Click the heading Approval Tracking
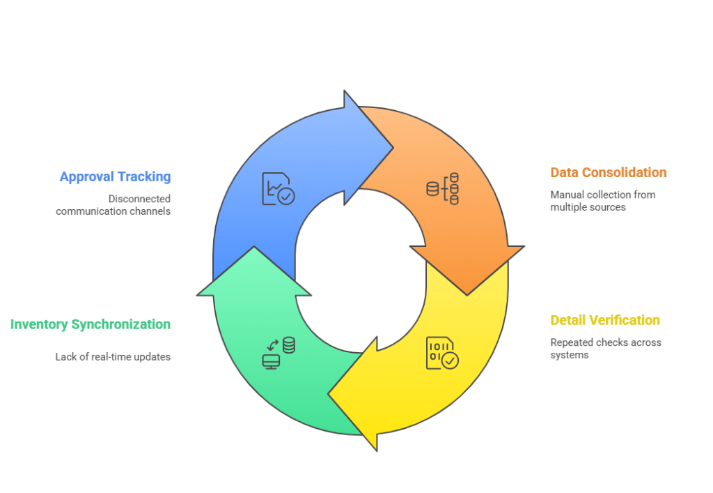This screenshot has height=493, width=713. pyautogui.click(x=115, y=176)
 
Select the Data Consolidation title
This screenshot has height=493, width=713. pyautogui.click(x=609, y=172)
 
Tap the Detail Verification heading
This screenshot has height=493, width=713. pyautogui.click(x=605, y=320)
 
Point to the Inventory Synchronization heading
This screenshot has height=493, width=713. pyautogui.click(x=91, y=324)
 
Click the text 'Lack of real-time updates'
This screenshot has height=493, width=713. pyautogui.click(x=113, y=357)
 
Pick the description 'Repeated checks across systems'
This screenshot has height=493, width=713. pyautogui.click(x=606, y=349)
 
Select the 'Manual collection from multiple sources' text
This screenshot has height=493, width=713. pyautogui.click(x=603, y=201)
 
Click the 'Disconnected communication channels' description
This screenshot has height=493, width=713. pyautogui.click(x=113, y=205)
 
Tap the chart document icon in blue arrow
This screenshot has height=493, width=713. pyautogui.click(x=279, y=188)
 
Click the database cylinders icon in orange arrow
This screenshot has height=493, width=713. pyautogui.click(x=442, y=188)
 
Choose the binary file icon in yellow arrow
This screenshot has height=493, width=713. pyautogui.click(x=442, y=353)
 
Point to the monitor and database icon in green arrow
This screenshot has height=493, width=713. pyautogui.click(x=279, y=353)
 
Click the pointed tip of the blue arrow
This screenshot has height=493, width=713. pyautogui.click(x=393, y=148)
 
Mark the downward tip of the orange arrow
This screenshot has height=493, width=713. pyautogui.click(x=467, y=295)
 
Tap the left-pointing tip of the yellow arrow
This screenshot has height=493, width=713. pyautogui.click(x=329, y=394)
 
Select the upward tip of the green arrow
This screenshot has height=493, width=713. pyautogui.click(x=254, y=247)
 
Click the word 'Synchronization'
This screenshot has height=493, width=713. pyautogui.click(x=121, y=324)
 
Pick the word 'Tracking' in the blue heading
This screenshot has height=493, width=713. pyautogui.click(x=144, y=176)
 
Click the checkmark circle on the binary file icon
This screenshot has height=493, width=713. pyautogui.click(x=450, y=361)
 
